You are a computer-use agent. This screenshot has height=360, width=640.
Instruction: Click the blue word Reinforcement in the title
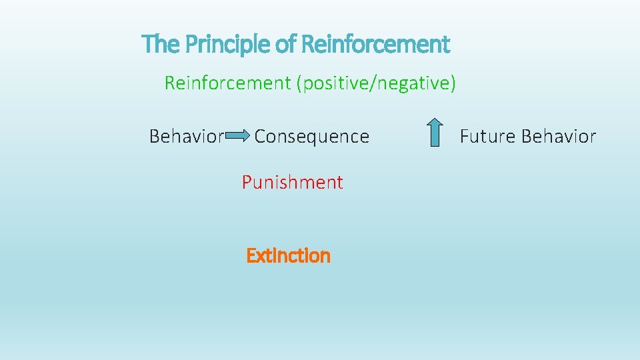tap(375, 45)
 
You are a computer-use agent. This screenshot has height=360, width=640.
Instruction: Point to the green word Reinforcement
tap(227, 83)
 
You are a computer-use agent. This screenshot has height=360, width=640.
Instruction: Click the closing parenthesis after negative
tap(453, 84)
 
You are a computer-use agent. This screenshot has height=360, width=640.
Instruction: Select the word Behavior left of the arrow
tap(186, 137)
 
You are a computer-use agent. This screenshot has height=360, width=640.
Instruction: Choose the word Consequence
tap(311, 137)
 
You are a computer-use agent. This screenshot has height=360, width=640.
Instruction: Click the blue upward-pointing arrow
tap(434, 132)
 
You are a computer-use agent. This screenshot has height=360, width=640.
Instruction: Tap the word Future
tap(488, 137)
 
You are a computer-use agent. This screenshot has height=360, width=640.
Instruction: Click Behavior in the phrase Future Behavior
tap(559, 137)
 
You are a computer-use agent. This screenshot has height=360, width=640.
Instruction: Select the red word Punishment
tap(292, 183)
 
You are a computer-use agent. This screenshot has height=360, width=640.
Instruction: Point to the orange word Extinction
tap(288, 256)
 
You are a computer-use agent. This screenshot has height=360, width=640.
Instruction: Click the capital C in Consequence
tap(261, 137)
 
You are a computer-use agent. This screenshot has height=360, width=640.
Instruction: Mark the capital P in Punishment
tap(247, 183)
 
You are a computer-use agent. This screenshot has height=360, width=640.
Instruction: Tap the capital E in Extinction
tap(251, 256)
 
